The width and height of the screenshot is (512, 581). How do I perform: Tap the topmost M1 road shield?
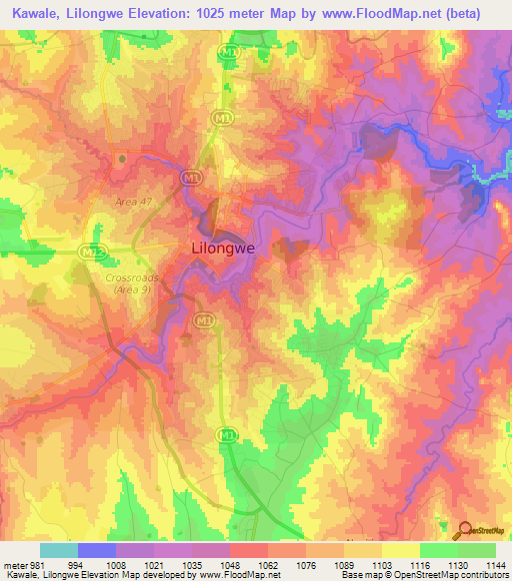tap(231, 51)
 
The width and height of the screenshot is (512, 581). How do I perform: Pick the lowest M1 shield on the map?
tap(227, 434)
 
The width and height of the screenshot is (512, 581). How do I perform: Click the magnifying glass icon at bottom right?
tap(461, 530)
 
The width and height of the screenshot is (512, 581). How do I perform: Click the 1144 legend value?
tap(494, 563)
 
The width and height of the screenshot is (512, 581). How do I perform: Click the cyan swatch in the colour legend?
tap(59, 550)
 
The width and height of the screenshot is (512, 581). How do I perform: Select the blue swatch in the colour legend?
tap(97, 550)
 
